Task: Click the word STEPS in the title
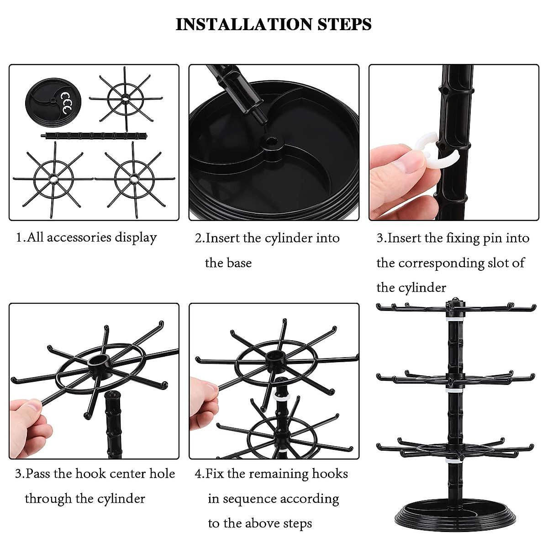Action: coord(344,24)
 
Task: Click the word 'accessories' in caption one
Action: coord(79,237)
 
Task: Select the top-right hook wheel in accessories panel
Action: coord(126,98)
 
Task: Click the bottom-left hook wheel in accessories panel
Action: coord(53,178)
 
